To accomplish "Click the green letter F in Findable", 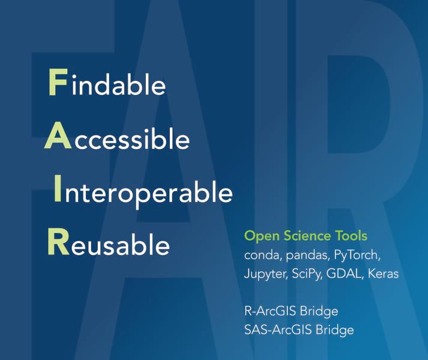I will (x=56, y=84).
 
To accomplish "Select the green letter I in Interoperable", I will (x=57, y=191).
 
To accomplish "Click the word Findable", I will (x=106, y=84).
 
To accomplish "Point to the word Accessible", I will (x=118, y=139).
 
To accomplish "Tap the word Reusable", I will (x=109, y=244).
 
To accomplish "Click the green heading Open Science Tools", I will (x=306, y=236).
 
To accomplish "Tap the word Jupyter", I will (x=264, y=274).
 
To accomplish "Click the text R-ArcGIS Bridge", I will (x=291, y=311).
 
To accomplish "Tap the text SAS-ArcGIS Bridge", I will (x=299, y=330).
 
